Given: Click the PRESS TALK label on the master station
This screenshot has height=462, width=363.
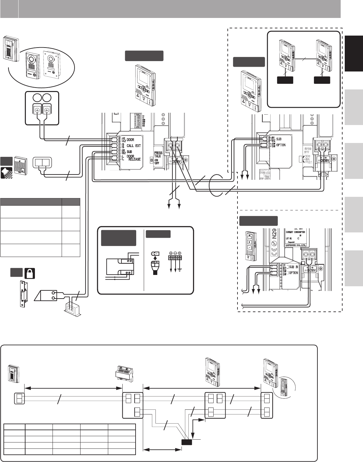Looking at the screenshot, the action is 158,154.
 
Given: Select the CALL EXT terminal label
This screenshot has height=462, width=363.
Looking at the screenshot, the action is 134,146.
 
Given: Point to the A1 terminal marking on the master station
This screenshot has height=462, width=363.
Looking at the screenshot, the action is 123,138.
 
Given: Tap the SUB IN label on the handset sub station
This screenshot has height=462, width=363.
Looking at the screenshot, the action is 293,267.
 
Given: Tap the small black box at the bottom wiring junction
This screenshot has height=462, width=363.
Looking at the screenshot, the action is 187,442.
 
